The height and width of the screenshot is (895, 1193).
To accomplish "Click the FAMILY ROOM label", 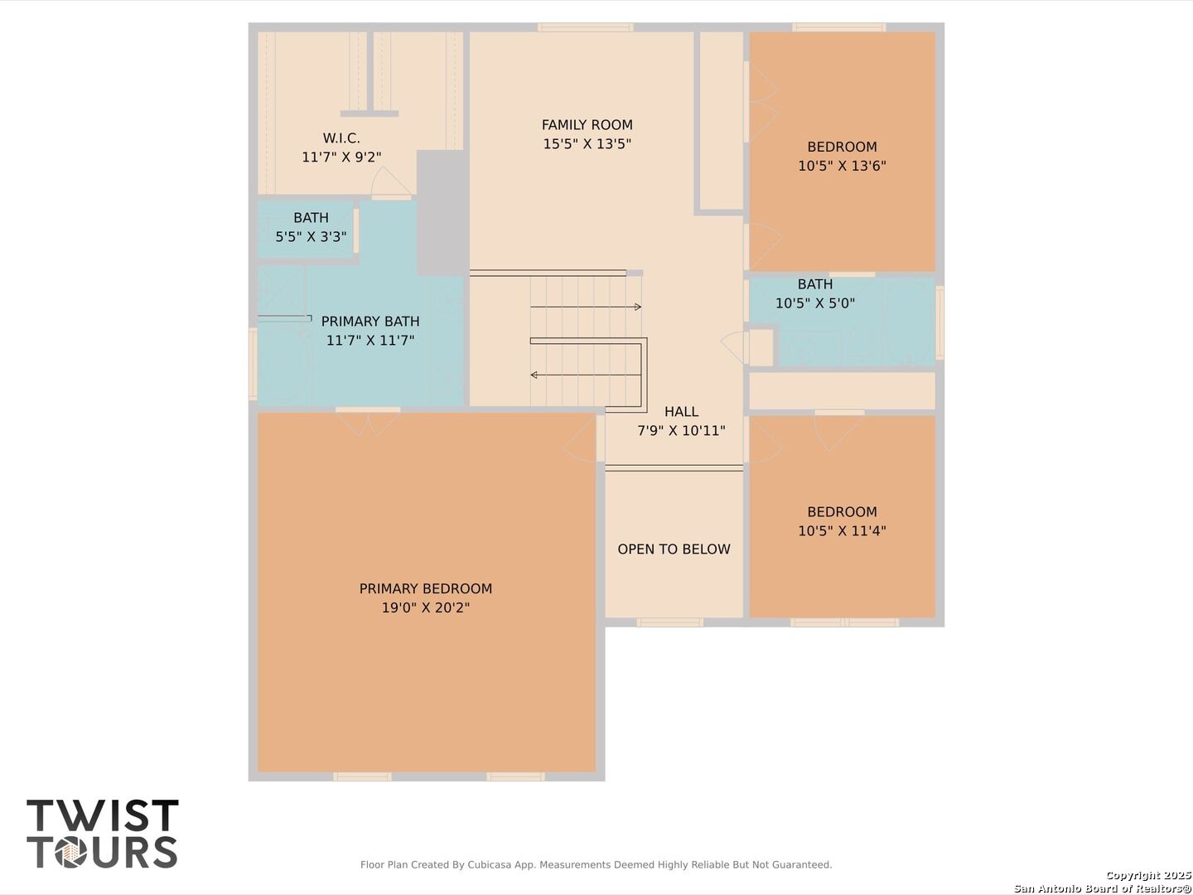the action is [x=587, y=125].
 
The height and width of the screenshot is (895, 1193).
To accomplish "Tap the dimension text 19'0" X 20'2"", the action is [x=426, y=607].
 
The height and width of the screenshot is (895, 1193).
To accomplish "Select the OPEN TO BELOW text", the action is [x=674, y=549].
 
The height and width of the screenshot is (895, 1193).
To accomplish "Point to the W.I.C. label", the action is [x=341, y=138].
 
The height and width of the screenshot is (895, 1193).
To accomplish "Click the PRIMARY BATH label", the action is [x=370, y=322].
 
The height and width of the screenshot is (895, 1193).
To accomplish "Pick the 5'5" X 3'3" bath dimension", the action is [x=311, y=237].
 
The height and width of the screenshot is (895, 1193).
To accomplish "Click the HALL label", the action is [x=681, y=412].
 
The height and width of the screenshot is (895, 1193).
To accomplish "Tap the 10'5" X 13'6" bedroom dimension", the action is [x=842, y=166].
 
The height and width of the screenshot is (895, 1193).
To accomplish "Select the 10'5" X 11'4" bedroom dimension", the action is [x=842, y=531].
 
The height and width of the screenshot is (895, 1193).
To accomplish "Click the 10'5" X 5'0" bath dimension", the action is [x=814, y=303].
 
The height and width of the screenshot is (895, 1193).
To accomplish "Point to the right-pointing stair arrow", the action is [x=586, y=307].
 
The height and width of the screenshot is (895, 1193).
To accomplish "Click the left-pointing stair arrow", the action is [x=586, y=375].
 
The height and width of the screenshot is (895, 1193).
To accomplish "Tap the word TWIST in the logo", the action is [x=103, y=815].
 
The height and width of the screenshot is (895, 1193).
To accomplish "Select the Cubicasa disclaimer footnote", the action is [x=596, y=864].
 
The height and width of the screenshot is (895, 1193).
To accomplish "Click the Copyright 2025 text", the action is [x=1148, y=875].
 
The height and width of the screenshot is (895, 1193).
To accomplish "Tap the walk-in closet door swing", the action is [x=390, y=184].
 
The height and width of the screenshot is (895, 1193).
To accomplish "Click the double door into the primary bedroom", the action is [x=368, y=421].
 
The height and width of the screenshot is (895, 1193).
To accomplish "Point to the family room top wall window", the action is [x=586, y=27].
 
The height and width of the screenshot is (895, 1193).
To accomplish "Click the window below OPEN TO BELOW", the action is [x=670, y=622].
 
